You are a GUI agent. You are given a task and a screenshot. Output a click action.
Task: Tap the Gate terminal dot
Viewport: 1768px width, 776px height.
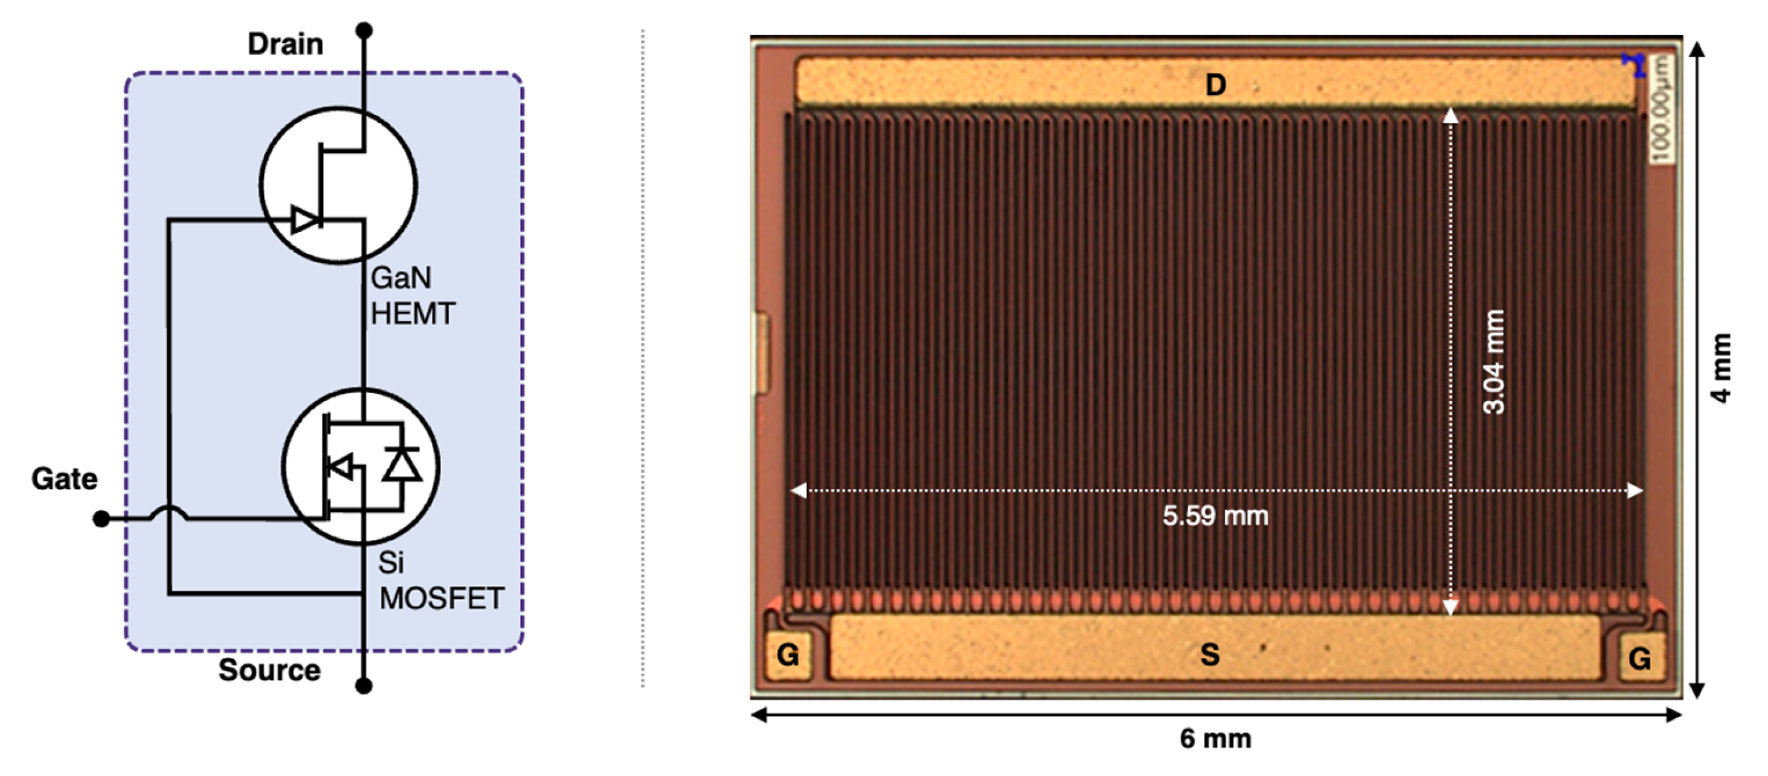[x=101, y=519]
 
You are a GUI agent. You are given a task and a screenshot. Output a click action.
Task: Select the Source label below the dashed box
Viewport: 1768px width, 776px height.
[x=269, y=670]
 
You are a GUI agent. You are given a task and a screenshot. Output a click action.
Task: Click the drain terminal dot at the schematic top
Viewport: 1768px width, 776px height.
[x=364, y=30]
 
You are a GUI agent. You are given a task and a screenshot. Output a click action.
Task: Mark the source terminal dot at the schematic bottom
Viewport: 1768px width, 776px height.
[x=364, y=686]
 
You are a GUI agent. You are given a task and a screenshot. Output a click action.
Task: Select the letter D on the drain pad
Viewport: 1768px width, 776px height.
[x=1216, y=85]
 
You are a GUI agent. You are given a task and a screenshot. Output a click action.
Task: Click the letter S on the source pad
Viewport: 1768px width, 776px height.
[x=1210, y=654]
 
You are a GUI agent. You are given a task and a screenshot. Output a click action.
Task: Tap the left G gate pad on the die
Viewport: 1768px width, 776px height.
[x=787, y=655]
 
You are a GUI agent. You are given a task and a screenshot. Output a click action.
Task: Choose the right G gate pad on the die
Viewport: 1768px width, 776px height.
[x=1639, y=659]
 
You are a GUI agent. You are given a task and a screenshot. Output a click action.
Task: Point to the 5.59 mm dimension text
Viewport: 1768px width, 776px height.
[x=1215, y=516]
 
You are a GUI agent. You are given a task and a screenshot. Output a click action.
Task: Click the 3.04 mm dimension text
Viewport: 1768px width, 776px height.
[x=1494, y=362]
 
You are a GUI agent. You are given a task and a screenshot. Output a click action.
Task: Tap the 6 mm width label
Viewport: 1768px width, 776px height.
[x=1216, y=739]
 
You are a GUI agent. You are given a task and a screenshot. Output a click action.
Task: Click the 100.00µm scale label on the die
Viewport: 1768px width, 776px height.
[x=1660, y=108]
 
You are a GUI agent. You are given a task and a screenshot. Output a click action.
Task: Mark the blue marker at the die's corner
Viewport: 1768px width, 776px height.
[x=1634, y=64]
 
